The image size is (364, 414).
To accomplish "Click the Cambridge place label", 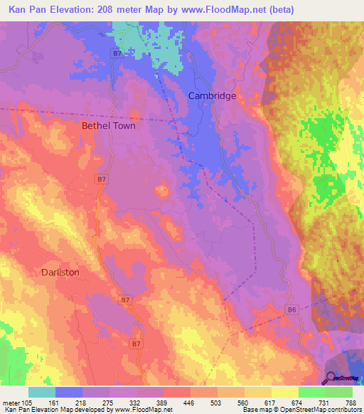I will (x=212, y=95).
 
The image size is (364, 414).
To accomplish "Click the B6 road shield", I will (x=291, y=310).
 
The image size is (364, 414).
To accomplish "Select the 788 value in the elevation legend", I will (x=351, y=402).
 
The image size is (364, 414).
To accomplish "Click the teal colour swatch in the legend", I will (x=41, y=392).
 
